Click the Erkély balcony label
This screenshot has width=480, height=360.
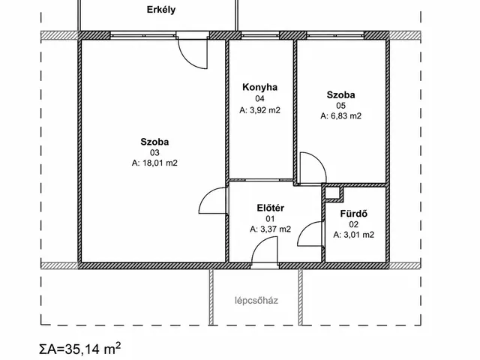click(161, 10)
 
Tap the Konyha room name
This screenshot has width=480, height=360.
click(260, 87)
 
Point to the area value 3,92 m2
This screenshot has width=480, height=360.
click(265, 110)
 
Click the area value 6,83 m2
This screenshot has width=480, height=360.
click(346, 116)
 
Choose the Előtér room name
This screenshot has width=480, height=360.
click(270, 208)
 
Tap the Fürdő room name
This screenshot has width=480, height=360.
click(353, 214)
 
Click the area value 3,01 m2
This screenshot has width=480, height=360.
click(358, 235)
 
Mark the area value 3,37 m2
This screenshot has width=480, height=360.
click(275, 229)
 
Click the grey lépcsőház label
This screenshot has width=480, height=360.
click(256, 301)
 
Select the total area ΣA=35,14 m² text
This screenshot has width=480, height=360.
click(80, 349)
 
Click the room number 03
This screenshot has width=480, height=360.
click(154, 152)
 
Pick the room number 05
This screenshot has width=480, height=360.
click(340, 106)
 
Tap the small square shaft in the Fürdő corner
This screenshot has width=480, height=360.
click(333, 193)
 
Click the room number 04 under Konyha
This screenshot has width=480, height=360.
click(260, 98)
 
